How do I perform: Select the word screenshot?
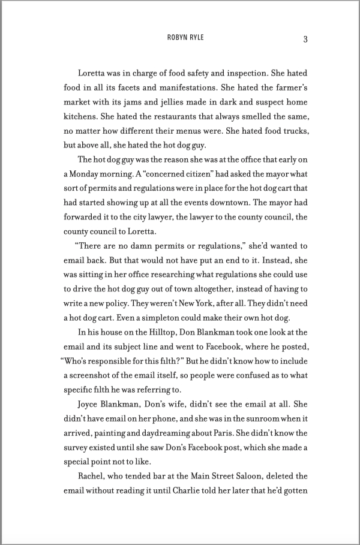94,376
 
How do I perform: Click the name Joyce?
91,405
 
